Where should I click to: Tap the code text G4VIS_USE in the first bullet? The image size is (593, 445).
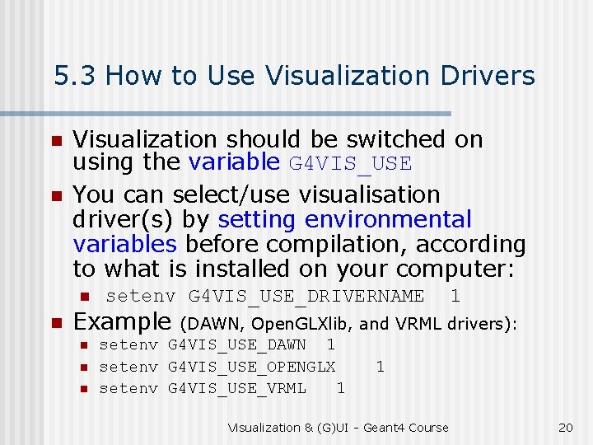tap(350, 164)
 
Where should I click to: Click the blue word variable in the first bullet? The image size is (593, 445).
tap(235, 162)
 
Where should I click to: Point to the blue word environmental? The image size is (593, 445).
tap(388, 220)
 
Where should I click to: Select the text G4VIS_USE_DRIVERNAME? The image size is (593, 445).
tap(306, 296)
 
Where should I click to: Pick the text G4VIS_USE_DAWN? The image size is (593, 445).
tap(237, 344)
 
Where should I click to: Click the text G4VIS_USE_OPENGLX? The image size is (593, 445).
tap(252, 366)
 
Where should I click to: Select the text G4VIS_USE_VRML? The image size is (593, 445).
tap(237, 387)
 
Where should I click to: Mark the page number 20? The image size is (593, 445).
tap(565, 428)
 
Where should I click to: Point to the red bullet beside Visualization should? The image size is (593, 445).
tap(56, 141)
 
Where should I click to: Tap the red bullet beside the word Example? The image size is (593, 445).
tap(56, 323)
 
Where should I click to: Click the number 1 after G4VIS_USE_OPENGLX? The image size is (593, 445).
tap(380, 366)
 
